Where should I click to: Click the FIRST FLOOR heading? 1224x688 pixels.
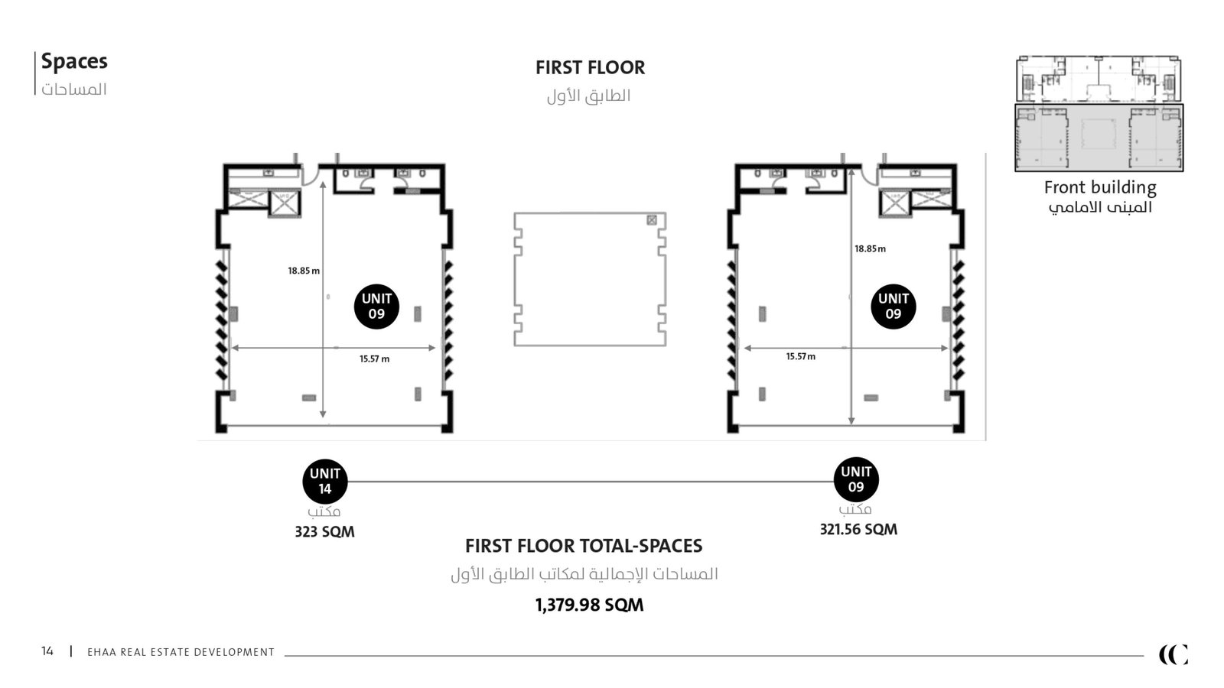coord(590,68)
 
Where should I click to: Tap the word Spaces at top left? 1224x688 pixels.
coord(74,62)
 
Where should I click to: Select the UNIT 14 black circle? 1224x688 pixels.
coord(325,481)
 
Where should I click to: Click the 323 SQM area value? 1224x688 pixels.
coord(324,532)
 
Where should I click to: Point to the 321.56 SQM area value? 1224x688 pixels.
coord(858,529)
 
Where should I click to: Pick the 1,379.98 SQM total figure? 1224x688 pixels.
coord(590,605)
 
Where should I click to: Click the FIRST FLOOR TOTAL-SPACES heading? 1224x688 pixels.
coord(584,546)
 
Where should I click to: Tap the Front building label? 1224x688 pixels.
coord(1100,187)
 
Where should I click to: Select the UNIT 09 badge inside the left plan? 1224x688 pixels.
coord(376,307)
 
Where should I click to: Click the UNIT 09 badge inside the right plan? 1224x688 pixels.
coord(894,307)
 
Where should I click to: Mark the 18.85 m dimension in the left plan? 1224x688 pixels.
coord(304,271)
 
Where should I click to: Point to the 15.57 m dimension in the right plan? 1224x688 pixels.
coord(800,356)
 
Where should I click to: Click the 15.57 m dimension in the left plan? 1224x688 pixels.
coord(374,359)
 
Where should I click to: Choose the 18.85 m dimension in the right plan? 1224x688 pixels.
coord(870,249)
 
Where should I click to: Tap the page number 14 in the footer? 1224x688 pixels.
coord(47,651)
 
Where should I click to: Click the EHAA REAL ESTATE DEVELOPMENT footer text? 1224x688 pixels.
coord(181,652)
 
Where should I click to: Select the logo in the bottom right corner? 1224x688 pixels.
coord(1174,654)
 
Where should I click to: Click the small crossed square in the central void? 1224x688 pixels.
coord(652,220)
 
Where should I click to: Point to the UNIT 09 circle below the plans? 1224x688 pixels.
coord(856,479)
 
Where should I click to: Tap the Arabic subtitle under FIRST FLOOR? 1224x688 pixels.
coord(588,96)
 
